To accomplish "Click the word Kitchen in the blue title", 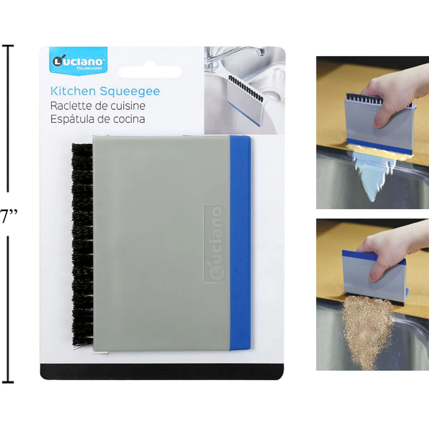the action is point(73,91).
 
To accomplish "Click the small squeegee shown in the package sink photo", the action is point(245,100).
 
